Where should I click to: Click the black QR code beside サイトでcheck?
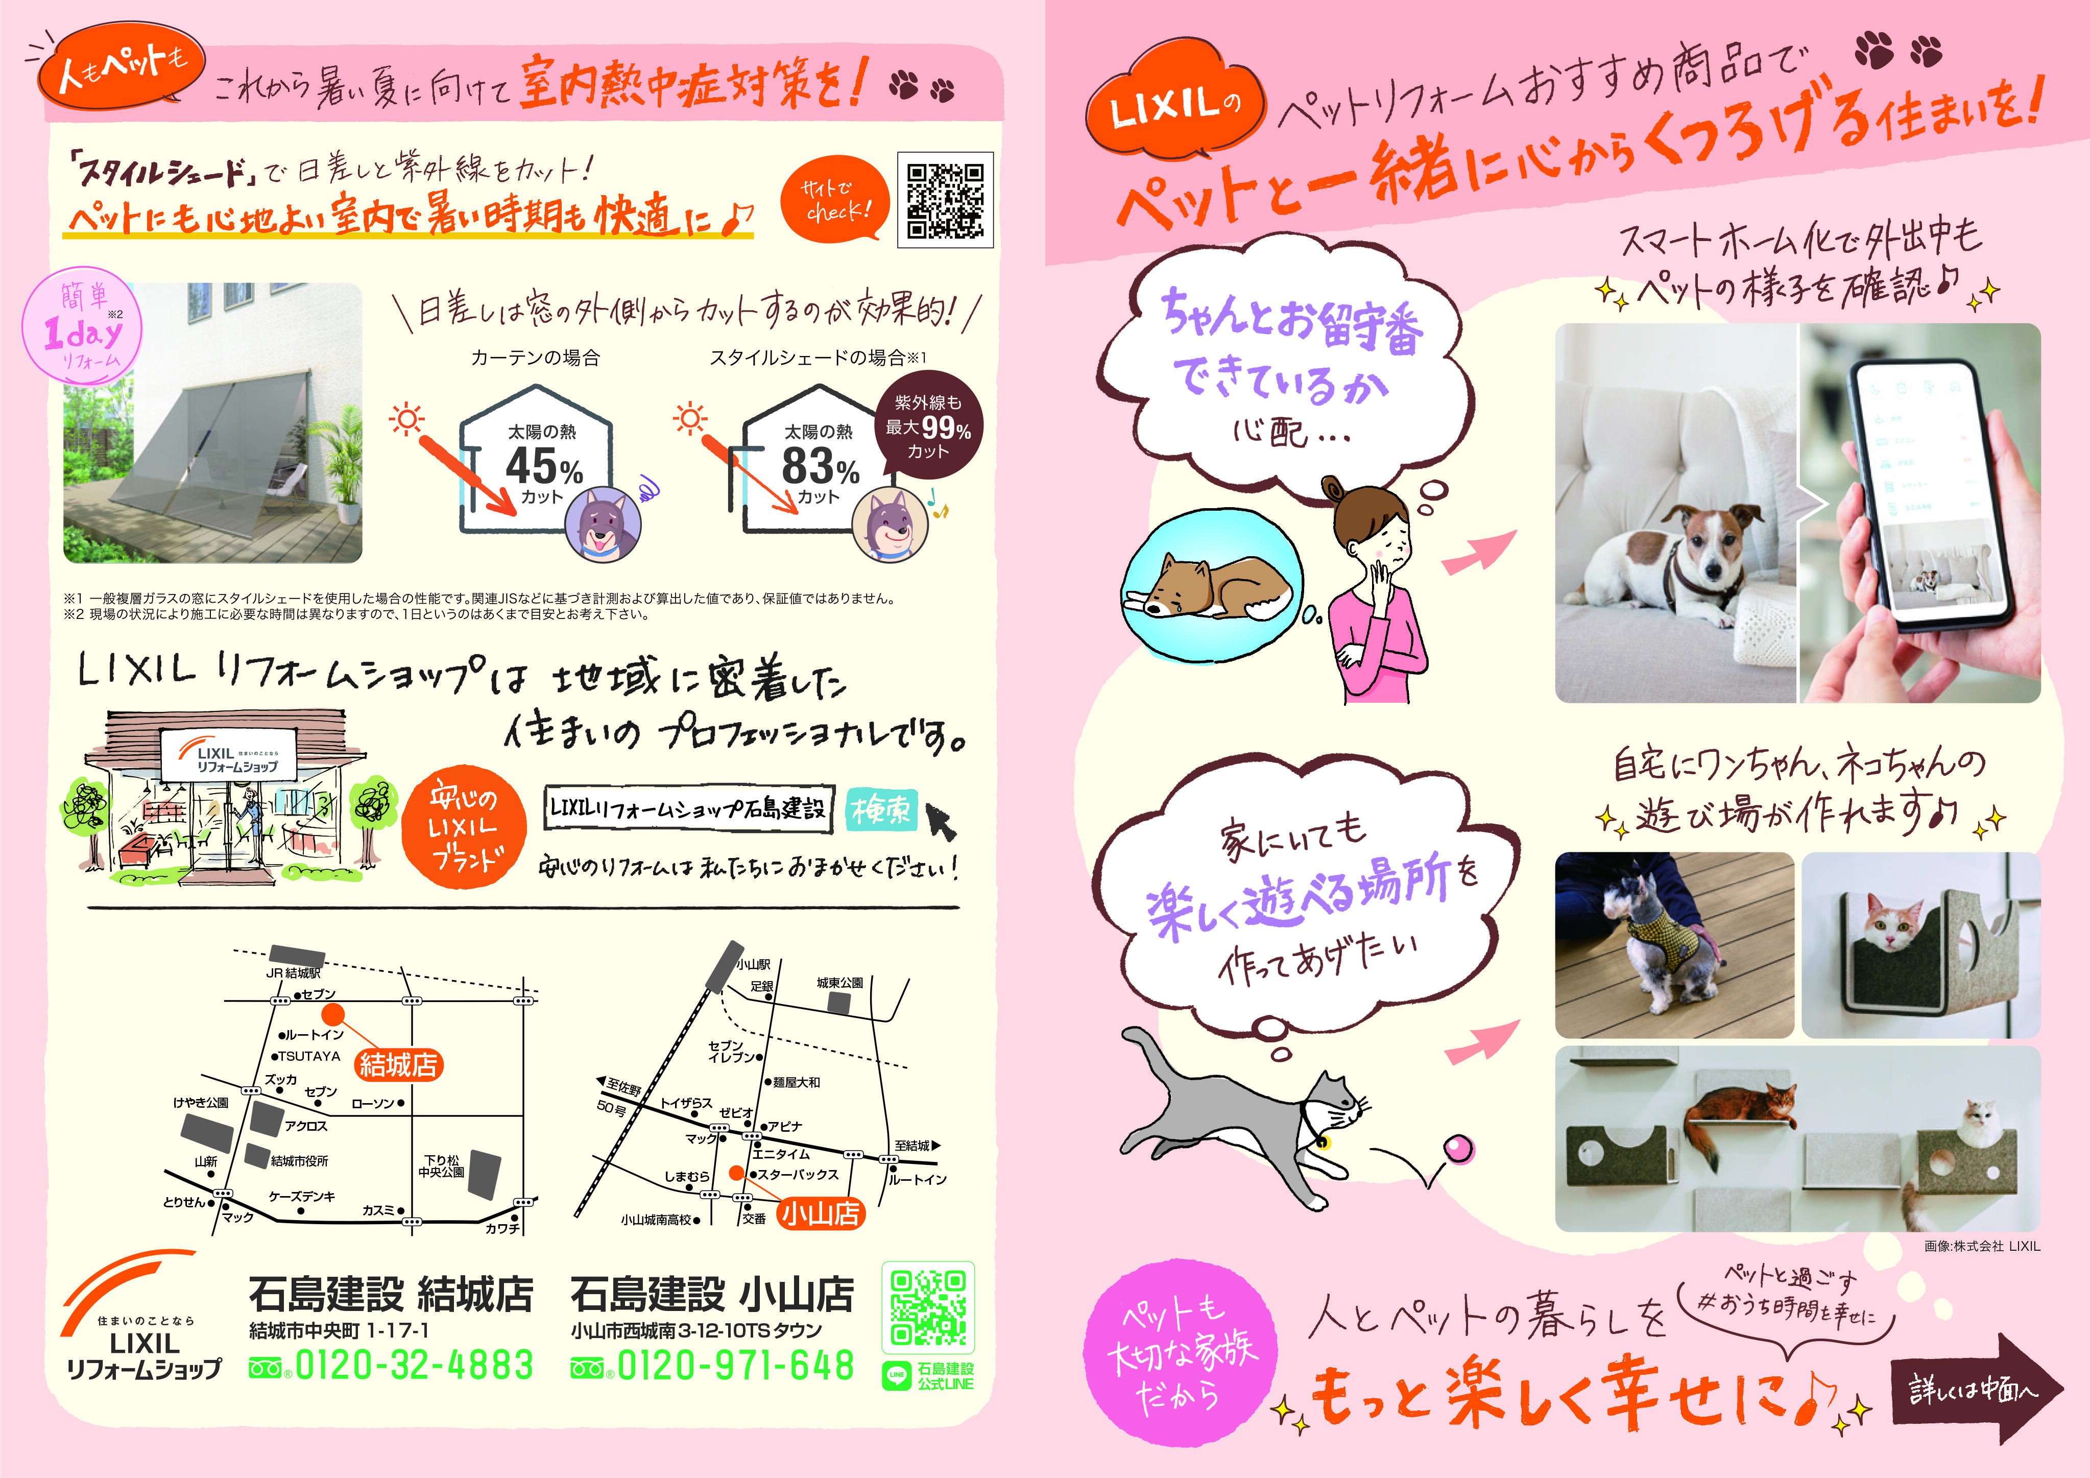pos(945,200)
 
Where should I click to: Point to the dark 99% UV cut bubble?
pos(928,426)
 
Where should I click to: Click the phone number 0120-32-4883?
pos(414,1365)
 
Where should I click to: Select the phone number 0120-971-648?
pos(735,1365)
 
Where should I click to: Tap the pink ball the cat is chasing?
pos(1458,1149)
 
